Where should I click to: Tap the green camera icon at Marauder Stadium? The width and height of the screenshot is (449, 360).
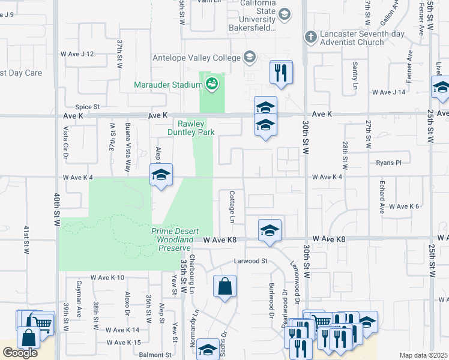click(212, 84)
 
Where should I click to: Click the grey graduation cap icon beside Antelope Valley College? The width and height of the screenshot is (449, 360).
click(250, 58)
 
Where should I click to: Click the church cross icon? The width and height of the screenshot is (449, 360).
click(310, 37)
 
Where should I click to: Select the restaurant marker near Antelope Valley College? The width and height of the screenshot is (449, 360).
click(281, 73)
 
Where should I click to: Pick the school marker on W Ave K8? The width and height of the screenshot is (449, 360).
click(270, 230)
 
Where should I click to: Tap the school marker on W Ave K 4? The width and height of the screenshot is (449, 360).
click(161, 175)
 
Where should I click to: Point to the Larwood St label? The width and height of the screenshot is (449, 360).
click(250, 261)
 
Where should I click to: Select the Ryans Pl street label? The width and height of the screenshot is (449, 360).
click(388, 163)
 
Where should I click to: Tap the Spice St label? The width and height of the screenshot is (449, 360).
click(87, 107)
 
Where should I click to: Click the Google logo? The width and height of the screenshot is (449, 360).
click(20, 353)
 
